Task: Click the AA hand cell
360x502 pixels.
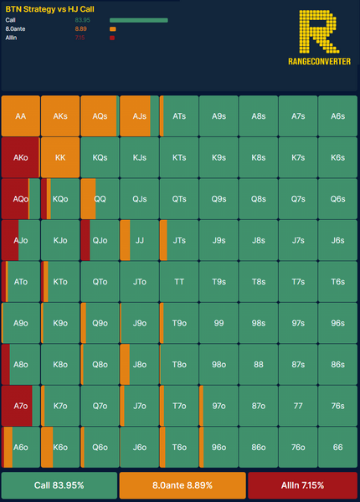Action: [x=21, y=116]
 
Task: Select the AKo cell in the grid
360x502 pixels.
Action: [x=21, y=157]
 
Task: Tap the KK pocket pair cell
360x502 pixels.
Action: [x=60, y=157]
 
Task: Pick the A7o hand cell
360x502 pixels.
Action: [x=21, y=406]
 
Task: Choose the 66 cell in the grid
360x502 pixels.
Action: [x=337, y=448]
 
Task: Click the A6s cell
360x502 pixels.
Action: [x=337, y=116]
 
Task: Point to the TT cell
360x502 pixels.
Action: [x=179, y=282]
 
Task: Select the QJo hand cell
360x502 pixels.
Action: [x=100, y=240]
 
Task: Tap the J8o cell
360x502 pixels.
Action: [x=139, y=364]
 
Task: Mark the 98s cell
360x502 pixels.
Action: [x=259, y=323]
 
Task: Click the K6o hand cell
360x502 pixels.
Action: [x=60, y=448]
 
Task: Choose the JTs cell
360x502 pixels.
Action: [x=179, y=240]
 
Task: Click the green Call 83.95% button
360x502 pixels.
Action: [x=59, y=485]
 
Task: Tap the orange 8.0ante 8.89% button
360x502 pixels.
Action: [x=183, y=485]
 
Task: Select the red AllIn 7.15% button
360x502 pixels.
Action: [x=303, y=485]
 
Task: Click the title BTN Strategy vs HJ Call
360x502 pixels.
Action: [x=50, y=9]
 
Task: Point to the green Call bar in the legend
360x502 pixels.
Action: [x=139, y=20]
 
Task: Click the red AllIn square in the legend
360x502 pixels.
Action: [x=112, y=38]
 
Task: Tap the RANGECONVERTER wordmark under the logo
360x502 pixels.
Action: [x=319, y=61]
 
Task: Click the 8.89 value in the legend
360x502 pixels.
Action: [x=80, y=28]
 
